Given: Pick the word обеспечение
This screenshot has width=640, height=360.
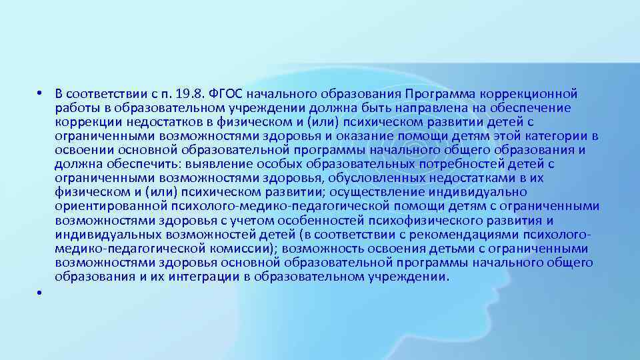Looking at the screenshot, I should pyautogui.click(x=533, y=107).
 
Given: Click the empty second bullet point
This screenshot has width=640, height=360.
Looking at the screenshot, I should pyautogui.click(x=40, y=293).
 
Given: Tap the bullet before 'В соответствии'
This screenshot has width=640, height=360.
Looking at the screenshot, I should pyautogui.click(x=40, y=93).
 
